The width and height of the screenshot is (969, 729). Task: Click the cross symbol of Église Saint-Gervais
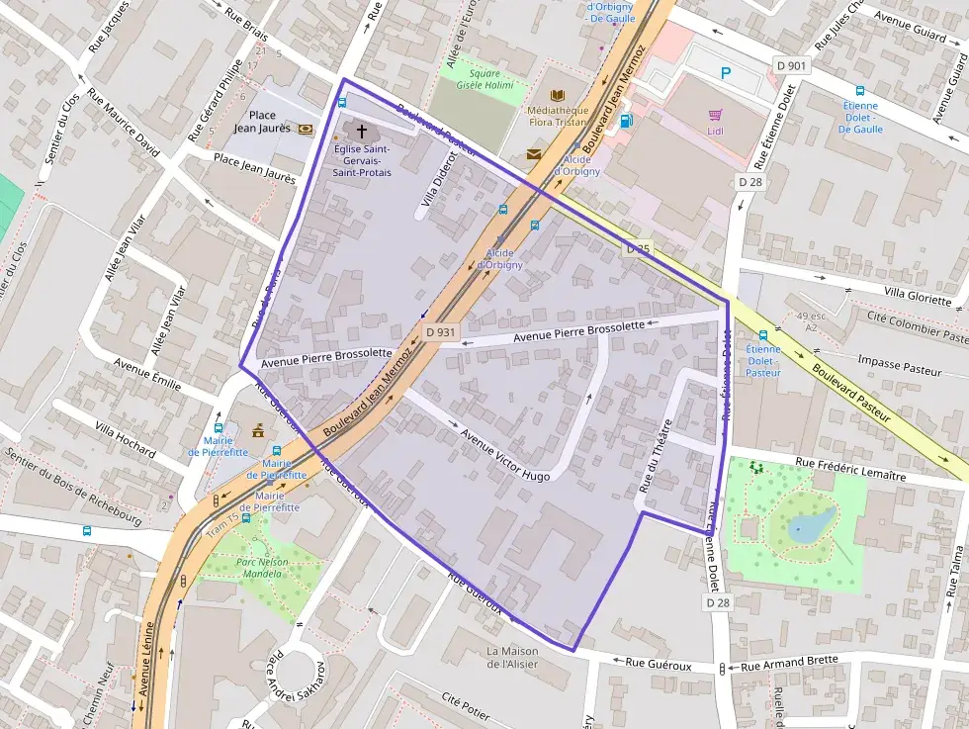pyautogui.click(x=361, y=132)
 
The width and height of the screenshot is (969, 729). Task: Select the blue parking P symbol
pyautogui.click(x=727, y=72)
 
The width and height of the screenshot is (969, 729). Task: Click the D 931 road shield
pyautogui.click(x=440, y=332)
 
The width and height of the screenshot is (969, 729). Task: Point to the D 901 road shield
pyautogui.click(x=792, y=65)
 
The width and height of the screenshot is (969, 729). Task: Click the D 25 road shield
pyautogui.click(x=638, y=249)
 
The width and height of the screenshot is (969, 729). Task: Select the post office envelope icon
pyautogui.click(x=534, y=153)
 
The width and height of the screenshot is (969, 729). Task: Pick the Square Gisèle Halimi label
pyautogui.click(x=484, y=79)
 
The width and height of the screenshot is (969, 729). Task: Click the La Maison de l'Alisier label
pyautogui.click(x=512, y=657)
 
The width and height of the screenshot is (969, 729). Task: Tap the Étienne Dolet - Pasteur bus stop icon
pyautogui.click(x=763, y=335)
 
